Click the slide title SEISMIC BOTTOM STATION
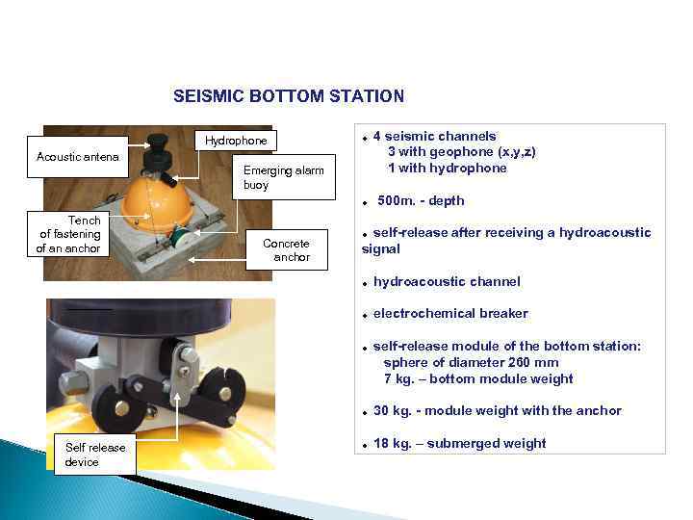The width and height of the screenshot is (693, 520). click(289, 96)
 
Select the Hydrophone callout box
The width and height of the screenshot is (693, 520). click(236, 141)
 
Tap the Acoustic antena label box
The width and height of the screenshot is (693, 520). click(77, 157)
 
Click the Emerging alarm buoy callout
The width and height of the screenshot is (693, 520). click(283, 177)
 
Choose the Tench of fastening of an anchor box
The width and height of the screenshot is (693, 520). click(69, 235)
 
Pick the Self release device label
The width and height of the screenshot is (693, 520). click(94, 455)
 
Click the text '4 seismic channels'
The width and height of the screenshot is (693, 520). click(434, 136)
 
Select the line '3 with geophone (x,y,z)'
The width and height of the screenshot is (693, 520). click(461, 152)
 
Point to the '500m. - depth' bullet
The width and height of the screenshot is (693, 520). click(421, 200)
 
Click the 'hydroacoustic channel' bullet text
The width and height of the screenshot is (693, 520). click(447, 281)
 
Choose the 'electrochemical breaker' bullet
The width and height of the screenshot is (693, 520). click(450, 313)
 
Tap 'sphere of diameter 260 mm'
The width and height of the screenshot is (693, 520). click(471, 362)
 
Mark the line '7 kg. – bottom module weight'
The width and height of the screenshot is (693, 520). click(478, 378)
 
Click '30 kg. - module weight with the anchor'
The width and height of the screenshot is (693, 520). click(498, 410)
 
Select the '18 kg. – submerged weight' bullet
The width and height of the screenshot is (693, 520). click(459, 443)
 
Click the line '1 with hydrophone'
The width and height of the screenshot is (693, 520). click(447, 168)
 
